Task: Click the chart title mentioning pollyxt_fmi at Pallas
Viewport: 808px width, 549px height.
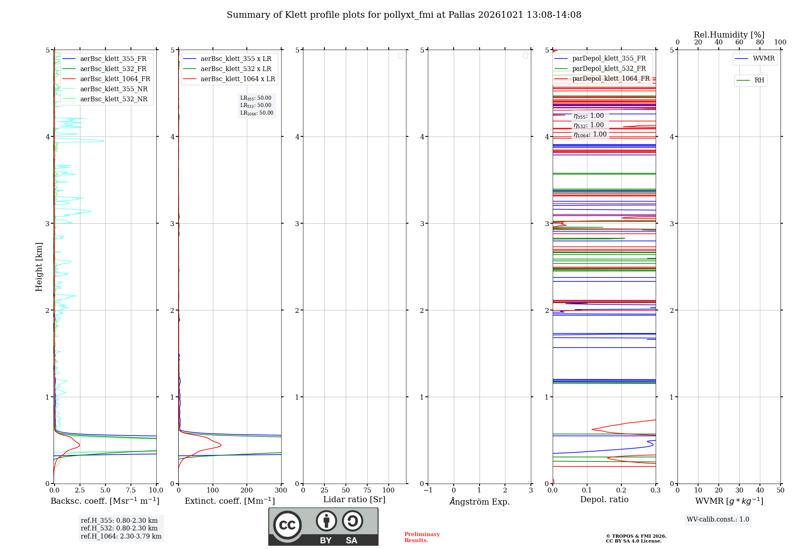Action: pos(404,15)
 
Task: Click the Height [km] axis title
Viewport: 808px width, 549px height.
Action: pos(39,267)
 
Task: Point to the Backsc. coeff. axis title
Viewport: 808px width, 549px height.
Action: pos(105,501)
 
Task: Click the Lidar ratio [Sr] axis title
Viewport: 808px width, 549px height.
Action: pos(354,500)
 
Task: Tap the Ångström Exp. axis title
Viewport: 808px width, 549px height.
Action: pos(480,501)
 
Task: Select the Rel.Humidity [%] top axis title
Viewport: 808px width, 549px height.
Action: pos(729,35)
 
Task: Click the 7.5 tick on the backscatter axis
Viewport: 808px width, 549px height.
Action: pos(130,490)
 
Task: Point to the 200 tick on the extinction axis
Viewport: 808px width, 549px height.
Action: pos(246,490)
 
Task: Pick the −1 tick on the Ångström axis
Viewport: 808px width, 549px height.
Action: pos(428,490)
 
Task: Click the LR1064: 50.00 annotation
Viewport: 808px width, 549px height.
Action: pos(257,113)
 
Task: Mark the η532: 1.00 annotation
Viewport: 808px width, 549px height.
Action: pos(589,125)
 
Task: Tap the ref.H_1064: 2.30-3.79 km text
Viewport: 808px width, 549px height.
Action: pos(121,536)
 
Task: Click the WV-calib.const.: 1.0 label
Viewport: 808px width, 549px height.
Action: pos(718,520)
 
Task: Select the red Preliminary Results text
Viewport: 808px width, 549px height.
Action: pos(422,537)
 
